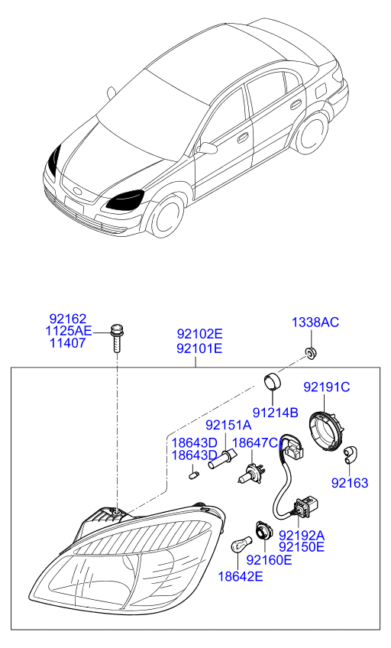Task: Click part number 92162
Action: (68, 319)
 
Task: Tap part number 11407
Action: (68, 343)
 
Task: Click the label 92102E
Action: (200, 333)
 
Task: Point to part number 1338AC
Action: (315, 322)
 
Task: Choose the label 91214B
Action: (276, 412)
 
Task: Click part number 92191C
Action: (327, 387)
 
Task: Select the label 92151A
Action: (228, 425)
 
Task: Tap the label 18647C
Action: (255, 443)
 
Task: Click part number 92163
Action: (350, 483)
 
